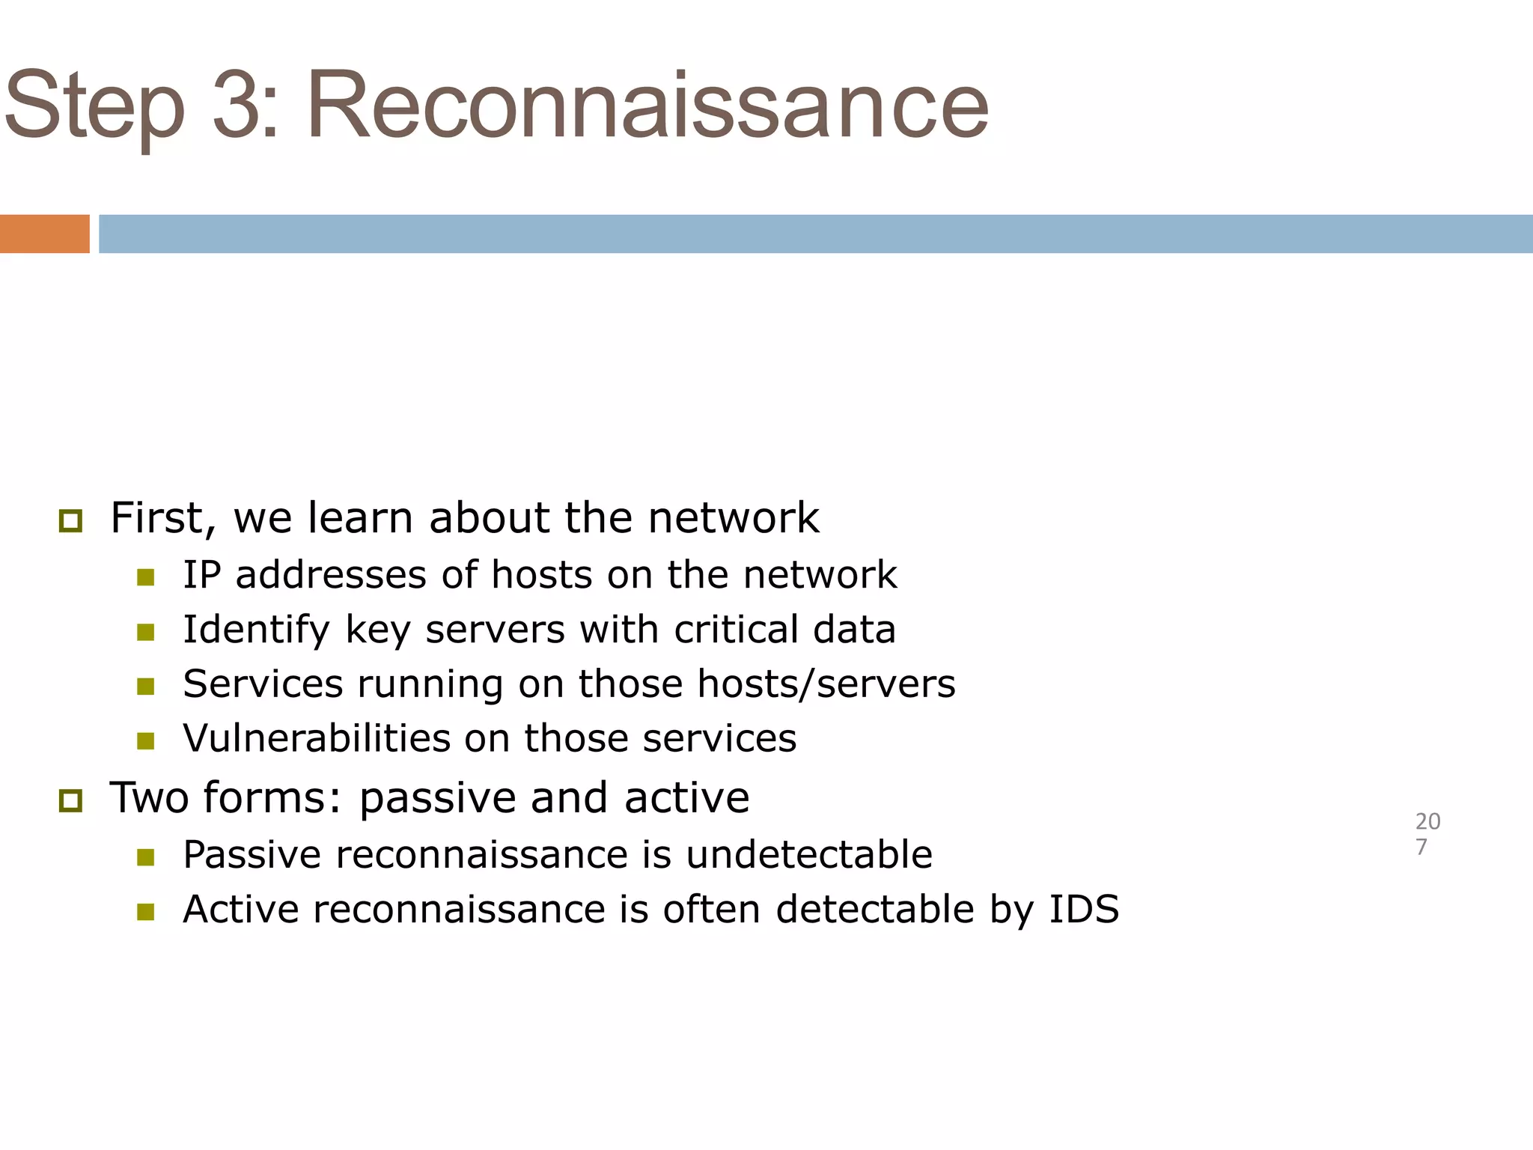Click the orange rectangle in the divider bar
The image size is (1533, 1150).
pyautogui.click(x=45, y=234)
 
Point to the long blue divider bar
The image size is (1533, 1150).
pyautogui.click(x=816, y=234)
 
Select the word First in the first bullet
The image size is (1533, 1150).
pyautogui.click(x=156, y=517)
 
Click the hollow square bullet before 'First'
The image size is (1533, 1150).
pyautogui.click(x=70, y=520)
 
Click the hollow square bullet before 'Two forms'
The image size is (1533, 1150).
pyautogui.click(x=70, y=801)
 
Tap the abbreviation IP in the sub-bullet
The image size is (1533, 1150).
pyautogui.click(x=201, y=575)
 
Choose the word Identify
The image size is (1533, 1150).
pyautogui.click(x=256, y=630)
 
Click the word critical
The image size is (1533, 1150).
pyautogui.click(x=736, y=629)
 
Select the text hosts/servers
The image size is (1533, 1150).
pyautogui.click(x=826, y=684)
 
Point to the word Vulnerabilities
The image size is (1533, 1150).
pyautogui.click(x=316, y=738)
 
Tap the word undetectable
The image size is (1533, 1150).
pyautogui.click(x=808, y=854)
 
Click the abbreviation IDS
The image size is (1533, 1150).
pyautogui.click(x=1084, y=909)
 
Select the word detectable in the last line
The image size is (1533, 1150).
pyautogui.click(x=875, y=909)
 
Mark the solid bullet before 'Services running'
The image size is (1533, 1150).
pyautogui.click(x=146, y=686)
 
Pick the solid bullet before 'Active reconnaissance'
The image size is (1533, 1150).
pyautogui.click(x=146, y=911)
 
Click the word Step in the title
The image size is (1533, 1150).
pyautogui.click(x=94, y=106)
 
